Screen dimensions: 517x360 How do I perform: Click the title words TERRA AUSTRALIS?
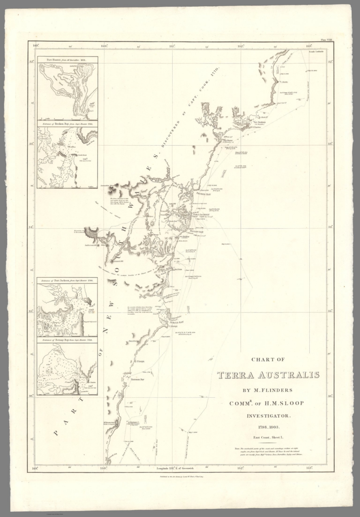tap(268, 375)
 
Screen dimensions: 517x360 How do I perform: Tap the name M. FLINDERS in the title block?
tap(268, 390)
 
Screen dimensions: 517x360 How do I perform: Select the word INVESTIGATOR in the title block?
tap(268, 415)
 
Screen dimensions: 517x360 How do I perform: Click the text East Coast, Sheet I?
tap(268, 437)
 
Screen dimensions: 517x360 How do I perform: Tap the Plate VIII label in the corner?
tap(326, 40)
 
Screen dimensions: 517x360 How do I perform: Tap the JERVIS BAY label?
tap(177, 322)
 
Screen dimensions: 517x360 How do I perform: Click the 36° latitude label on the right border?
tap(330, 396)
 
